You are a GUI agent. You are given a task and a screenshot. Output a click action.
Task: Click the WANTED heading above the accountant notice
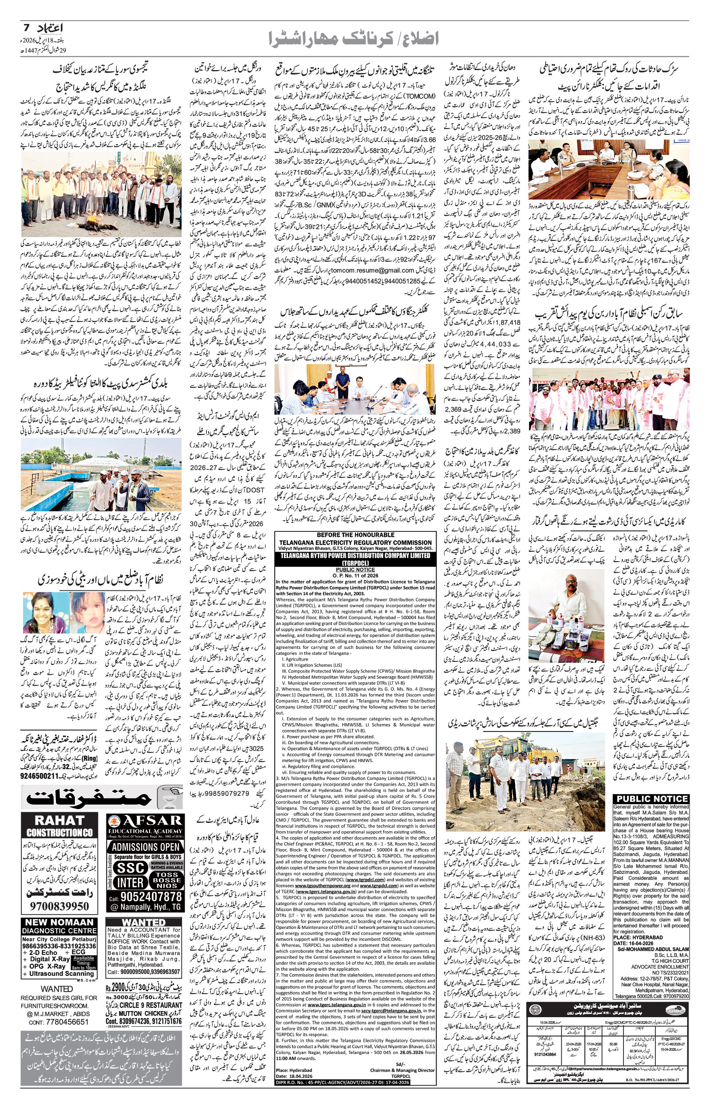point(143,923)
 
